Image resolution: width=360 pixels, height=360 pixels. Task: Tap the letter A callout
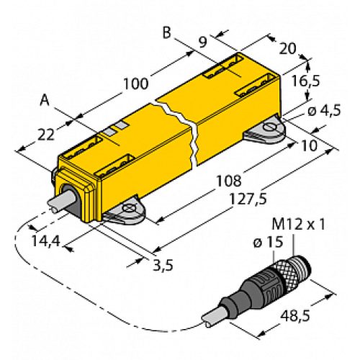[x=45, y=102]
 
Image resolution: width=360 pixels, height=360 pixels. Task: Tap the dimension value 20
[x=286, y=48]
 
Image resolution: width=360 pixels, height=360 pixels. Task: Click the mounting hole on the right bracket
[x=271, y=129]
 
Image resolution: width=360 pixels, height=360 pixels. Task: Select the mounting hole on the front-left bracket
[x=130, y=210]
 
